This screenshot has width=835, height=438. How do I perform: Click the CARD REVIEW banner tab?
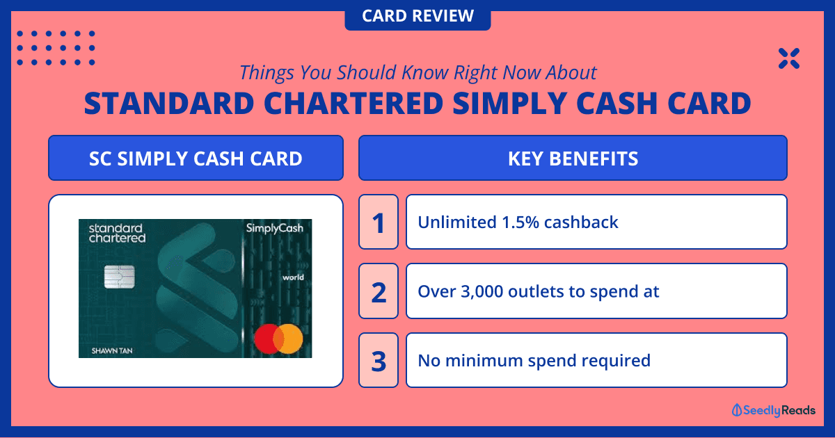coord(417,16)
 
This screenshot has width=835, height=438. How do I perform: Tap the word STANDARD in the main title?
coord(169,103)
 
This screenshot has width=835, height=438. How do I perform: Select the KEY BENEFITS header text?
coord(573,159)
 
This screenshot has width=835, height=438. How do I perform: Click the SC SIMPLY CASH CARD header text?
coord(196,159)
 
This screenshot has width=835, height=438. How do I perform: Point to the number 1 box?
coord(379,222)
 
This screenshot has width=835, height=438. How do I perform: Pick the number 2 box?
coord(379,291)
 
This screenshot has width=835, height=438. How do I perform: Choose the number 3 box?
coord(379,360)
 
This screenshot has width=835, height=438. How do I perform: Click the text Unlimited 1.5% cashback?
coord(518,222)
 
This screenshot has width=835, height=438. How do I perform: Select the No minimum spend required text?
coord(534,361)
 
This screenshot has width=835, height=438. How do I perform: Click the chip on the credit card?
coord(119,277)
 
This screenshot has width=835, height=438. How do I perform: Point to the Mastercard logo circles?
coord(278,339)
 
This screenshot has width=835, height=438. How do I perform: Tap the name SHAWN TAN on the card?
coord(112,351)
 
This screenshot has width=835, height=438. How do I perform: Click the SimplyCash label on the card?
coord(275,228)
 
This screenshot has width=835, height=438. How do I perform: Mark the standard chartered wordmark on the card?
coord(117,233)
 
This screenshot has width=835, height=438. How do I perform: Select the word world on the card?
coord(293,277)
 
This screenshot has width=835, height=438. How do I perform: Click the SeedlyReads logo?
coord(774,410)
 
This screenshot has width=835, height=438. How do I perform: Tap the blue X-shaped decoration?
coord(789,58)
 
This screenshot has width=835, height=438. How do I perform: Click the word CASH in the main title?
coord(617,103)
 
